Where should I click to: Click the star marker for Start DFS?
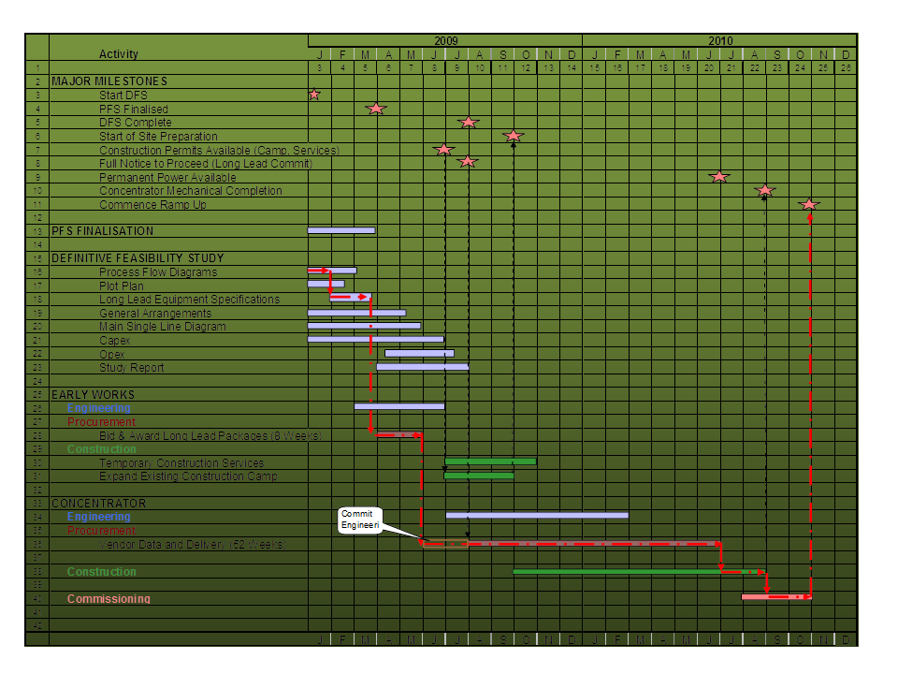point(314,95)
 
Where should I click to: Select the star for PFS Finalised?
point(376,109)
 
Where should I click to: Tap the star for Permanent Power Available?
point(718,177)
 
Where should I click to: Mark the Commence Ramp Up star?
point(809,204)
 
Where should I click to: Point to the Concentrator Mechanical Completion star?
point(765,191)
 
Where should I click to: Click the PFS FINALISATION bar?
point(341,230)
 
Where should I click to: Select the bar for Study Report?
point(423,367)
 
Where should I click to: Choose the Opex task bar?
point(419,354)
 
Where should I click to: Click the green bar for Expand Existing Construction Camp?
point(479,476)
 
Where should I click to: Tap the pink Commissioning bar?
point(776,597)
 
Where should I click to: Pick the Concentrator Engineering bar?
point(537,515)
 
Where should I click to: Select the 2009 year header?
point(445,41)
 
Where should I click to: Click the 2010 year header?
point(720,41)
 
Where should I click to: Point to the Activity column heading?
point(119,54)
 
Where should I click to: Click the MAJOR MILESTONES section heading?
point(109,81)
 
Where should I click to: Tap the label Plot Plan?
point(122,286)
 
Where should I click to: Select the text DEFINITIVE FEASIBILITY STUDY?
point(138,258)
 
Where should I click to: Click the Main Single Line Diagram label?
point(162,327)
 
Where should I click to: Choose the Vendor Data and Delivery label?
point(193,544)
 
